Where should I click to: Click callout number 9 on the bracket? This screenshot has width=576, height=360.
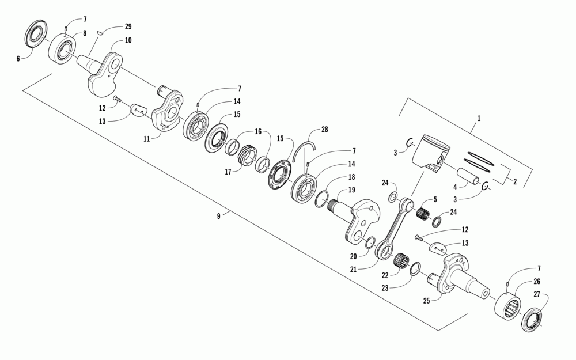(x=219, y=217)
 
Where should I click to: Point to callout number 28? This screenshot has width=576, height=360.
(x=325, y=131)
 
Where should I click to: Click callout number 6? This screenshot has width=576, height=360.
(x=18, y=58)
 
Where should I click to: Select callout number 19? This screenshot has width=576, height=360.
(x=351, y=190)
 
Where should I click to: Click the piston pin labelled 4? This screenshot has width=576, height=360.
(x=468, y=175)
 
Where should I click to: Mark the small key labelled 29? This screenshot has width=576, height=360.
(x=98, y=32)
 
